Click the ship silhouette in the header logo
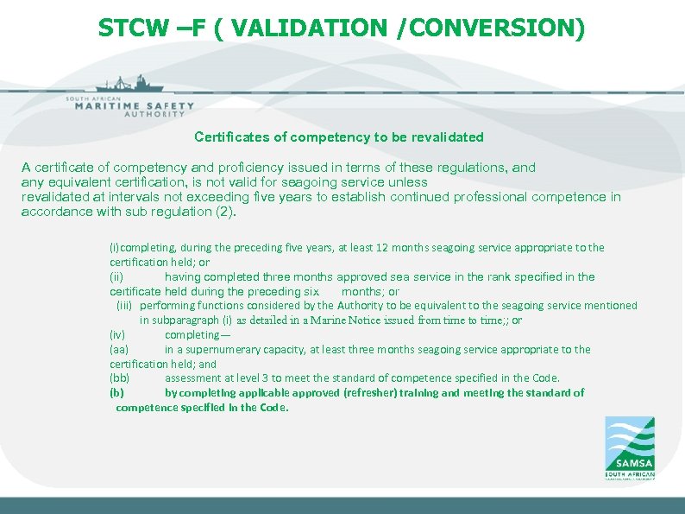129,85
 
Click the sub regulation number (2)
223,212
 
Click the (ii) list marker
116,277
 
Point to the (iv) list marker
117,335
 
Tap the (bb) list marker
119,378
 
